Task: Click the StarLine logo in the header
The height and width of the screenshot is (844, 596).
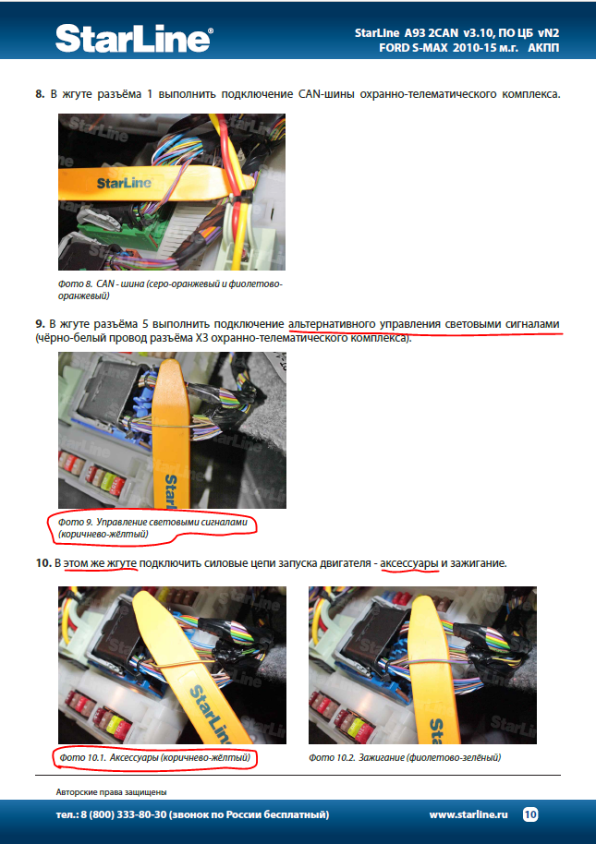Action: tap(134, 38)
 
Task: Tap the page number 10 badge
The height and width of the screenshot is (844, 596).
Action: tap(529, 814)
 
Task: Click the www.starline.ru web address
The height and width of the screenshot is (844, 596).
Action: tap(468, 814)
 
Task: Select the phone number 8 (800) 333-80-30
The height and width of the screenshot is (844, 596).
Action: tap(124, 814)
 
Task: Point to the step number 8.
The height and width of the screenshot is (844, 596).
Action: tap(40, 94)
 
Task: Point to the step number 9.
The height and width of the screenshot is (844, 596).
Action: tap(40, 324)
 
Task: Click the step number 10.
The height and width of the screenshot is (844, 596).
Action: tap(43, 563)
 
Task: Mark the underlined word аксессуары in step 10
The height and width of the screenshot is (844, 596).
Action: tap(409, 563)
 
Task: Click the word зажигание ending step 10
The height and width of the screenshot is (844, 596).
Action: tap(477, 563)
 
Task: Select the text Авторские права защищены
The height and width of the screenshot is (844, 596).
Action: tap(112, 791)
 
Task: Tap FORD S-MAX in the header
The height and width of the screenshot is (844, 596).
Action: tap(413, 47)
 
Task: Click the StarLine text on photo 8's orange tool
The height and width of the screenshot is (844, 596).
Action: tap(124, 184)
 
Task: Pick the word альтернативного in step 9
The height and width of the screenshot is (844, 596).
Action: tap(332, 324)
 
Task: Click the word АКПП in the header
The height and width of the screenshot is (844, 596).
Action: tap(543, 47)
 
